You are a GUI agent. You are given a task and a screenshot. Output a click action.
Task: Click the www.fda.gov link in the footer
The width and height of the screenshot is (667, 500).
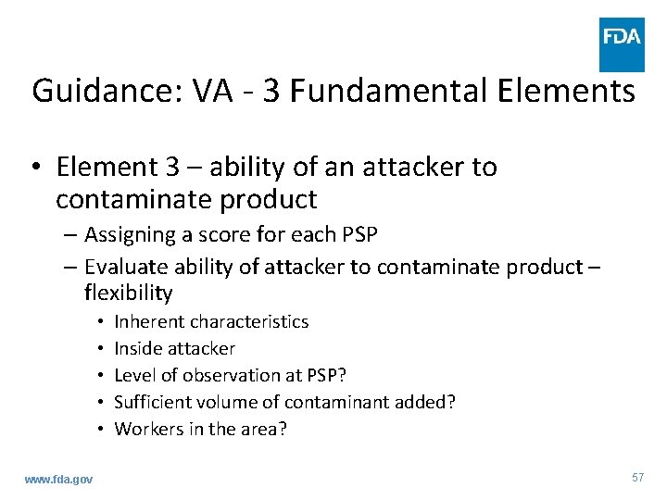coord(58,478)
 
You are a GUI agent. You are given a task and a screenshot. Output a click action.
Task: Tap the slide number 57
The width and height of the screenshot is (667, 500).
coord(636,477)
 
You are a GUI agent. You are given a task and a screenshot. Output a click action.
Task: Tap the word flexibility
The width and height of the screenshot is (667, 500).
coord(129,293)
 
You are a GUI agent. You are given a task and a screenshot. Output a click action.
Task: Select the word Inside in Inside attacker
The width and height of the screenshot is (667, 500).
coord(137,348)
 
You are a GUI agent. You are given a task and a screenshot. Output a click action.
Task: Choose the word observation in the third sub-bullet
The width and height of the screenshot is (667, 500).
coord(231,375)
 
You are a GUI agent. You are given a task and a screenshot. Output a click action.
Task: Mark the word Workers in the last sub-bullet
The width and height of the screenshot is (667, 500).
coord(146,429)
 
